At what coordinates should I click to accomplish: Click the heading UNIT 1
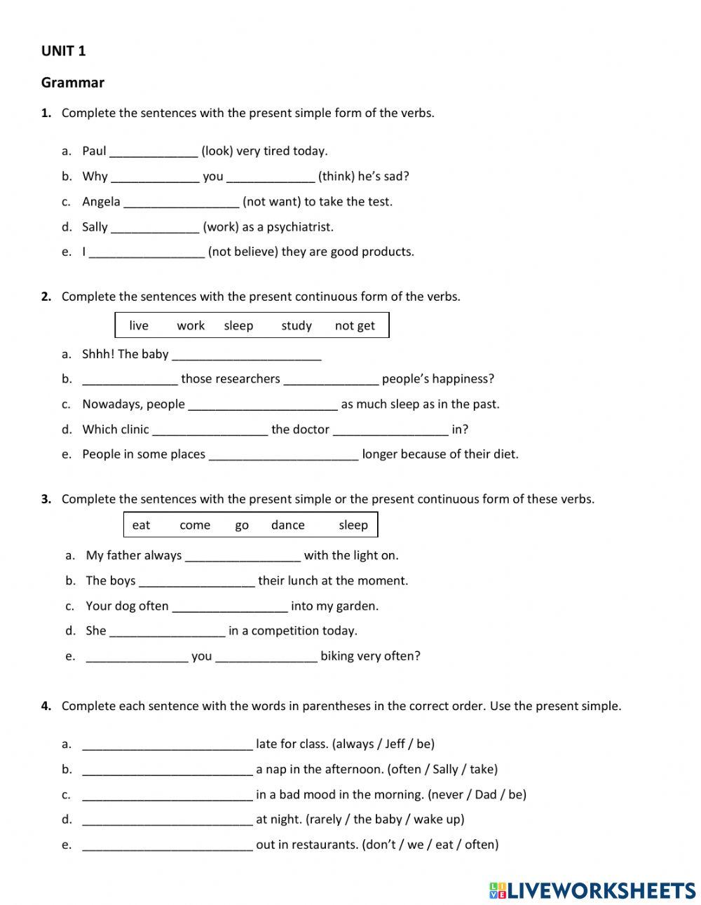[64, 51]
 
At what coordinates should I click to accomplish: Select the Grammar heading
[72, 83]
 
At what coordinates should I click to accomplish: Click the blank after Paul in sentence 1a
[154, 152]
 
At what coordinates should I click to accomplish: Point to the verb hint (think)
[336, 177]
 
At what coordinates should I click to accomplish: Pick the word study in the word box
[297, 326]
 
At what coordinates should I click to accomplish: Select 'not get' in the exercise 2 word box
[355, 326]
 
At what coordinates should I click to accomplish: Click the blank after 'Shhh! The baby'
[246, 355]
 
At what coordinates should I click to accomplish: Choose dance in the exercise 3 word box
[287, 525]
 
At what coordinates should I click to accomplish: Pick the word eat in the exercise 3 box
[141, 525]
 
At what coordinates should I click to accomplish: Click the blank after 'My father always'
[243, 557]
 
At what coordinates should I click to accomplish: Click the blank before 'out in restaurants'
[167, 846]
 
